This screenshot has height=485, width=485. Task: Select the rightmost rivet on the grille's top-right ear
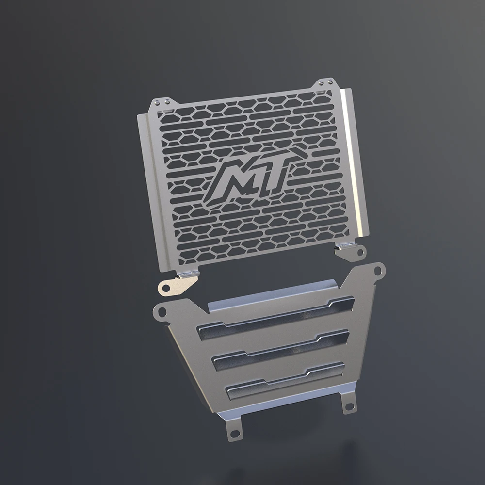pyautogui.click(x=331, y=82)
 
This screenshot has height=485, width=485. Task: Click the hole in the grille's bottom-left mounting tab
pyautogui.click(x=166, y=288)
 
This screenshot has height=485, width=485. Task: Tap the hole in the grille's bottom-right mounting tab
pyautogui.click(x=360, y=252)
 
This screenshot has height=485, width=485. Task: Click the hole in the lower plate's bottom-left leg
pyautogui.click(x=235, y=433)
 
